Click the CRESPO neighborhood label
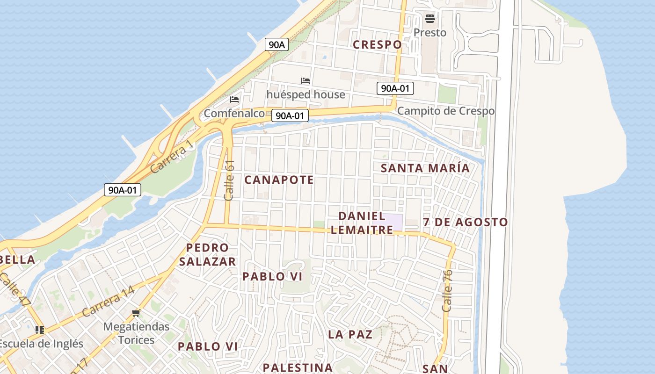(377, 45)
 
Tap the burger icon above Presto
(430, 19)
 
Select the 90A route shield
(277, 45)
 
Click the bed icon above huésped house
(306, 81)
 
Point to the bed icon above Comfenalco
(234, 100)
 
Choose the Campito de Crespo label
(445, 111)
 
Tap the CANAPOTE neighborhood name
(279, 180)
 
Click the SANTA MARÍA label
(425, 168)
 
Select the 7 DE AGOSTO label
(465, 223)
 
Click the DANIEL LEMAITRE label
(362, 223)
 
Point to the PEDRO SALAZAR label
(207, 255)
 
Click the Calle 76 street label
(447, 291)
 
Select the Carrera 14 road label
(108, 302)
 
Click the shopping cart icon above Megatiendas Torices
(136, 313)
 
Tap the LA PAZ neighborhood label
(350, 334)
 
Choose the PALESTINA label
(298, 367)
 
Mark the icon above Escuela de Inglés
(40, 330)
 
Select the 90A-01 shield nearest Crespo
(395, 88)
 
